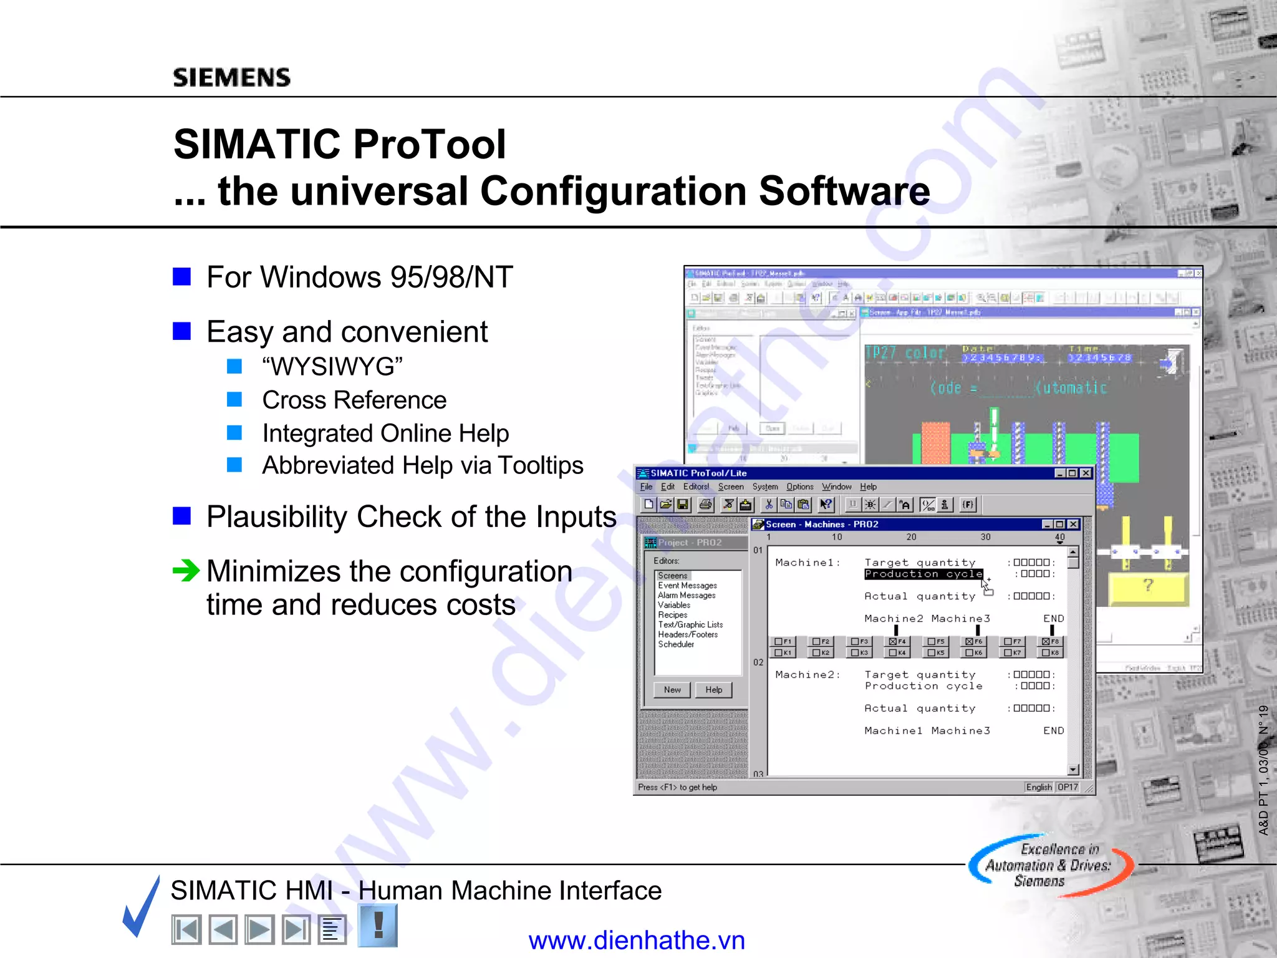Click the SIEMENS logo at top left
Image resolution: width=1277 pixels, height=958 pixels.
click(x=231, y=77)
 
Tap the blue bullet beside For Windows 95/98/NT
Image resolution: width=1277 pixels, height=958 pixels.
click(x=181, y=276)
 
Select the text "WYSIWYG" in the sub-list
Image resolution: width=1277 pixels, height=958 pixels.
click(x=332, y=367)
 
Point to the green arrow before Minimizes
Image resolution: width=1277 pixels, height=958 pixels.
click(x=186, y=570)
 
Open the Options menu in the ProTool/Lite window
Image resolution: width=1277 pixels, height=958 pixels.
click(x=799, y=487)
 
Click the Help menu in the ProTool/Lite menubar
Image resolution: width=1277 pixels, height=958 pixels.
click(x=868, y=487)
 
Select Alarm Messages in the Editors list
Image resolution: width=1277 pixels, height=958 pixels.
click(x=687, y=596)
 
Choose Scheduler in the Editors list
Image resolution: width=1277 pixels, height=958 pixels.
click(x=676, y=644)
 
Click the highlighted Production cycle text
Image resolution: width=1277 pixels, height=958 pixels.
click(x=923, y=574)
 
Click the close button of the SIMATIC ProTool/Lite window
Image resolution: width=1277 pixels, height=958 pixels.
click(x=1086, y=473)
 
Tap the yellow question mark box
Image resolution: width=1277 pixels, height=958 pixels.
click(x=1148, y=586)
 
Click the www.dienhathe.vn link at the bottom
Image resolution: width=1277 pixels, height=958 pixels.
click(x=637, y=941)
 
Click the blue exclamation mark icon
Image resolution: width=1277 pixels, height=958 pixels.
click(x=378, y=925)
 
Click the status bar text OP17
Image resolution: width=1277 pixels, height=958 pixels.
click(x=1067, y=788)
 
